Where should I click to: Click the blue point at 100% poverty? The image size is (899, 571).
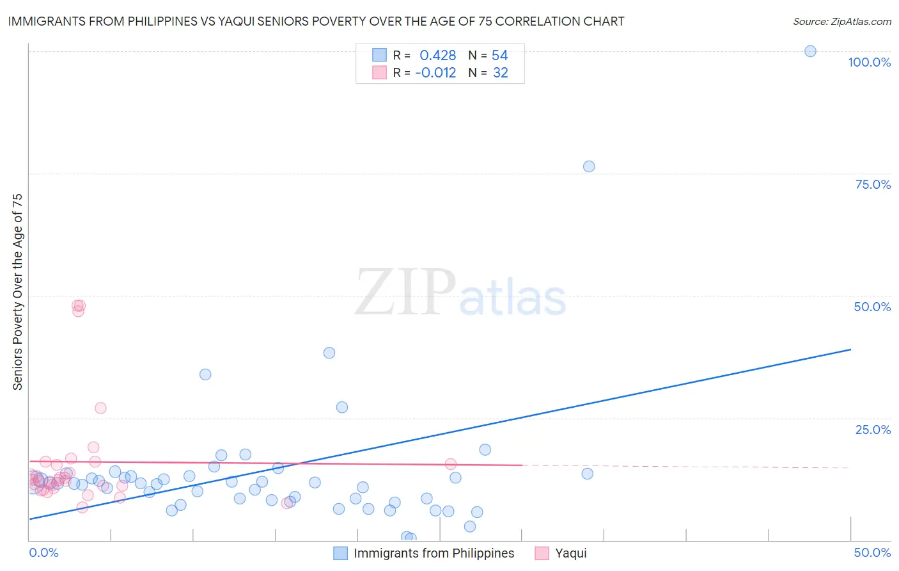click(x=810, y=51)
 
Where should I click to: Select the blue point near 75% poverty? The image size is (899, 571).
click(x=589, y=166)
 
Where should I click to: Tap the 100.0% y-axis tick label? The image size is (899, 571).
click(x=869, y=62)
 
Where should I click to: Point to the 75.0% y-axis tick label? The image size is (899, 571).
click(x=873, y=184)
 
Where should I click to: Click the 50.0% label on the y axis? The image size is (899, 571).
click(x=872, y=307)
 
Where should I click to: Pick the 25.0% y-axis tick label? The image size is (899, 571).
click(x=873, y=430)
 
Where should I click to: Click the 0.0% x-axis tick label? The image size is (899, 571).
click(x=44, y=552)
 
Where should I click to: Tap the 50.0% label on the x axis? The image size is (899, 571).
click(x=872, y=552)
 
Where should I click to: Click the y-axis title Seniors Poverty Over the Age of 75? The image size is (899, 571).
click(x=17, y=292)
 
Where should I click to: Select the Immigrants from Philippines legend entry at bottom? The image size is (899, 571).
click(x=434, y=553)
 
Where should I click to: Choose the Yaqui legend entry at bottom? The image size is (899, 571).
click(x=570, y=553)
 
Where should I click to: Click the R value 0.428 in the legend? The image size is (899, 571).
click(x=438, y=56)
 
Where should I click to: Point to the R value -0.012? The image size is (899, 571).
click(x=435, y=73)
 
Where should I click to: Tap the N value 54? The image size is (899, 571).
click(x=499, y=56)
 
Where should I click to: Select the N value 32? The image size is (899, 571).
click(x=500, y=73)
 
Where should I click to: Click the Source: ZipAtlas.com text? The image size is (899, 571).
click(x=841, y=22)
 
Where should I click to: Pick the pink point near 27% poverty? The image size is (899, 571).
click(x=100, y=408)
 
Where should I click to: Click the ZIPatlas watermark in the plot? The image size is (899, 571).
click(x=460, y=293)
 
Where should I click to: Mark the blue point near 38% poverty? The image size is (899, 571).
click(x=329, y=353)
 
